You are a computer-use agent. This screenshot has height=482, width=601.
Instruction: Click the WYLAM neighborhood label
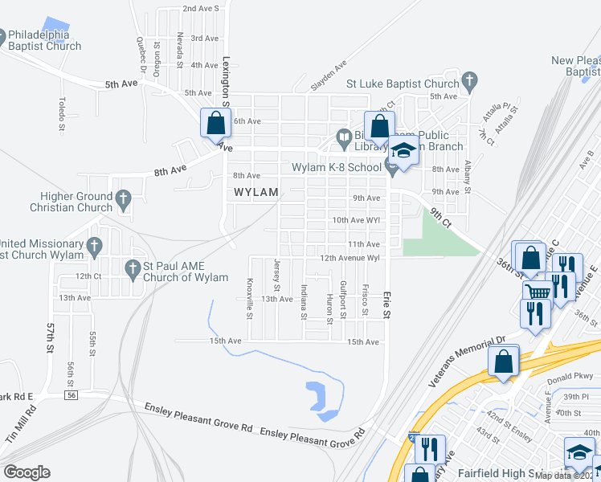tap(256, 193)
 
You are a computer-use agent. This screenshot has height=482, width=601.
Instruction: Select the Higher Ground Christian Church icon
tap(123, 198)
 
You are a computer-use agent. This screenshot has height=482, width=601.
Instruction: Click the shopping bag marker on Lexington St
tap(215, 125)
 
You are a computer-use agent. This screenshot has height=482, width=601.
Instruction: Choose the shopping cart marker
tap(537, 293)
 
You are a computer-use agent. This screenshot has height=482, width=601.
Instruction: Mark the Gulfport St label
tap(343, 298)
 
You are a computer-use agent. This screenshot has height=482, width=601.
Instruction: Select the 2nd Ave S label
tap(201, 8)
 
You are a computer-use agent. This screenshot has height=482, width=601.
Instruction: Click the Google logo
tap(26, 472)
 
